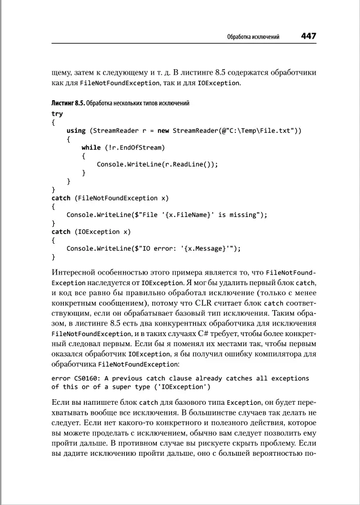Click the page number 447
click(308, 36)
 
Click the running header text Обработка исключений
click(253, 37)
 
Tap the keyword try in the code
click(57, 114)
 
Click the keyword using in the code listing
click(76, 131)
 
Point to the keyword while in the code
click(91, 147)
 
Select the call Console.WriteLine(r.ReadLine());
click(157, 164)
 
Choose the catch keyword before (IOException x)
click(61, 231)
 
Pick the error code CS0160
click(85, 378)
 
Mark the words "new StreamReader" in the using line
click(191, 131)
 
